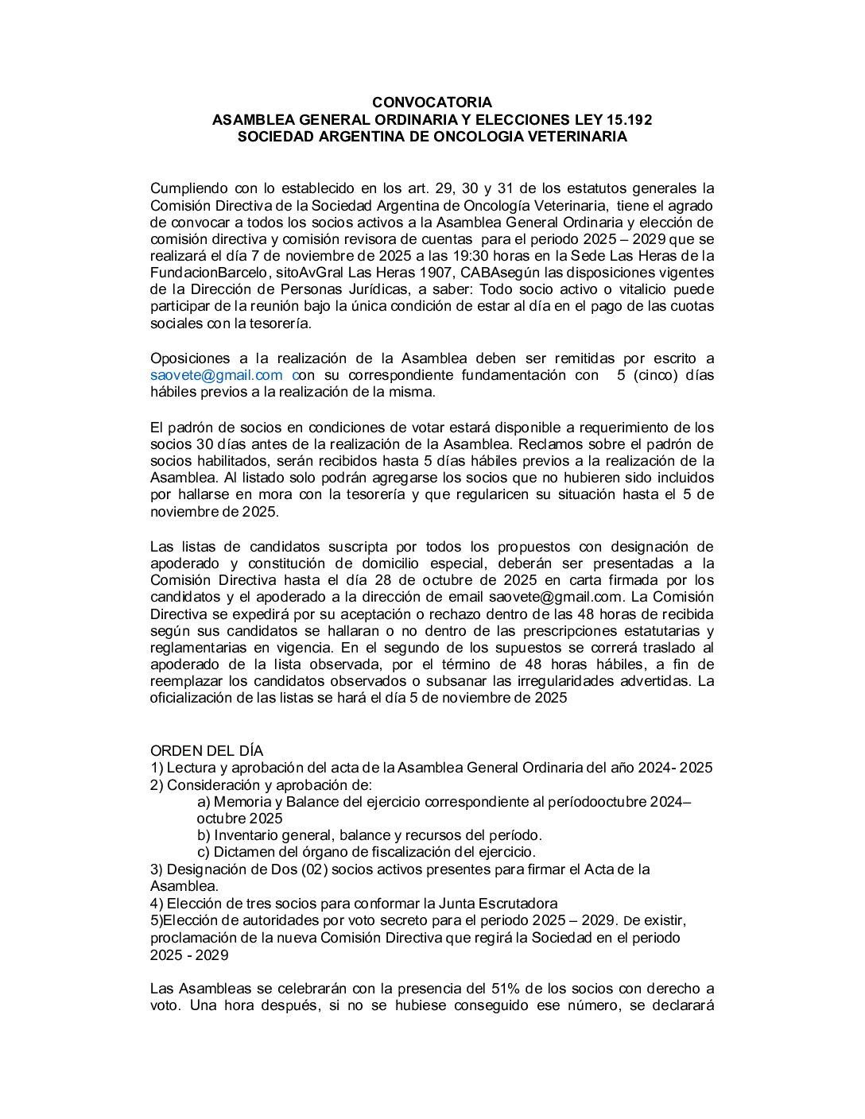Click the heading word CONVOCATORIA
(432, 103)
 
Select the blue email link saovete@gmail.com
(216, 375)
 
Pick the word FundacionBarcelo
(200, 273)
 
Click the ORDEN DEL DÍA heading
(206, 751)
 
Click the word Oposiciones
(189, 358)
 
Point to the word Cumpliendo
(188, 188)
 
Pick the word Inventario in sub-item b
(245, 835)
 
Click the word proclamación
(191, 938)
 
